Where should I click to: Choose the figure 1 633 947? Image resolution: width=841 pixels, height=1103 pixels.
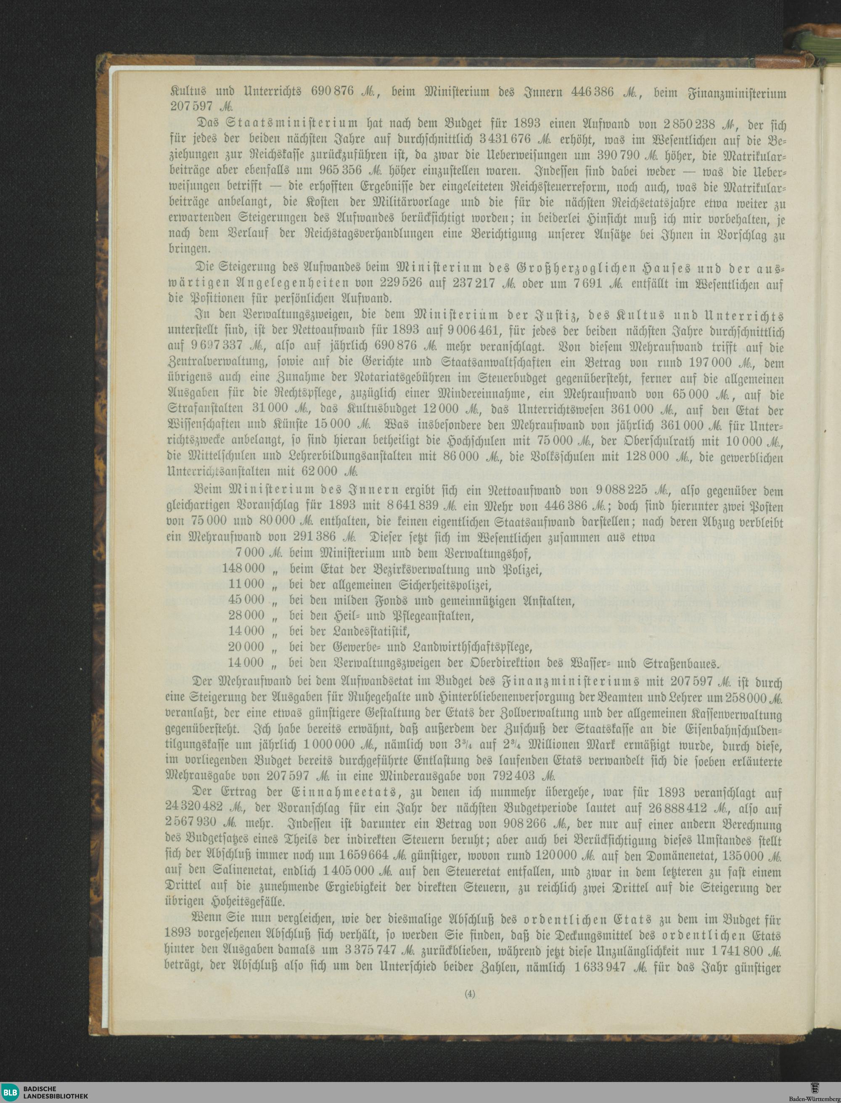[x=600, y=965]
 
